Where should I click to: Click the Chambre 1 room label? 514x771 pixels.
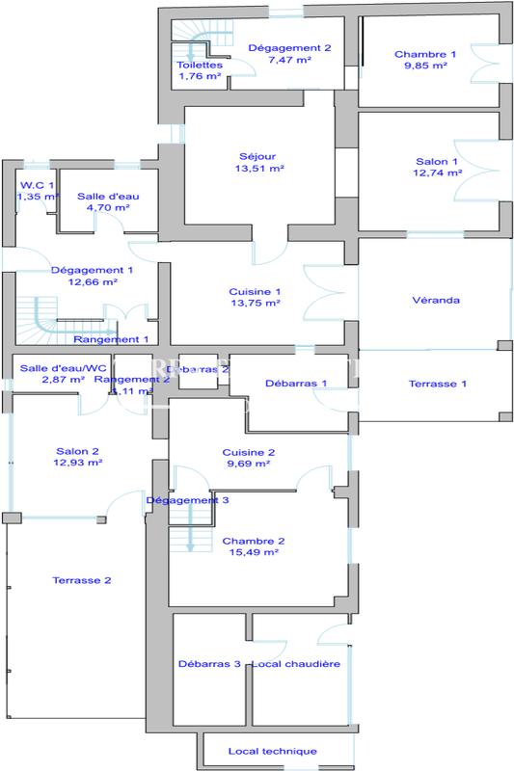[x=425, y=54]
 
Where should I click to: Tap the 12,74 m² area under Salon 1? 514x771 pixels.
[x=439, y=174]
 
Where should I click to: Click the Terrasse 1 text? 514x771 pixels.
[x=437, y=384]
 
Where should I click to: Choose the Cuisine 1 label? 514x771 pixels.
[x=255, y=291]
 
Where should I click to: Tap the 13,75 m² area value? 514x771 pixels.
[x=255, y=303]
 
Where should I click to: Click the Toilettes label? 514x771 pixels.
[x=200, y=66]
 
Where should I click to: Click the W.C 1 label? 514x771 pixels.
[x=38, y=184]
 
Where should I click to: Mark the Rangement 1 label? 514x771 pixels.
[x=111, y=339]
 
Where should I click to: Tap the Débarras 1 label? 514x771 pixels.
[x=295, y=384]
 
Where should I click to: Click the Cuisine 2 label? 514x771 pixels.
[x=249, y=452]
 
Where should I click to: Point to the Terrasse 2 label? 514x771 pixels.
[x=81, y=580]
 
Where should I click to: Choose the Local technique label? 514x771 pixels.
[x=272, y=751]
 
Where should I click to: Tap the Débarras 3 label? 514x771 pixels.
[x=209, y=664]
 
